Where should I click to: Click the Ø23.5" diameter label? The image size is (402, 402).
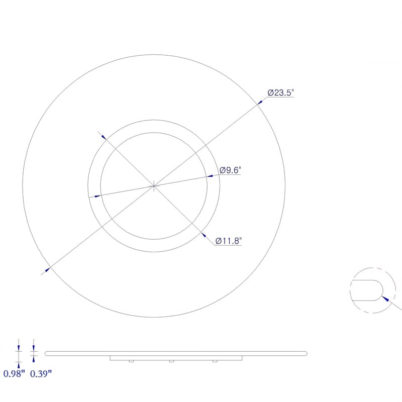[x=280, y=92]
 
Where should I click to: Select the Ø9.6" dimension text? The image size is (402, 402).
[x=230, y=170]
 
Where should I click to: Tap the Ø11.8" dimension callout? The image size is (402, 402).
[x=229, y=241]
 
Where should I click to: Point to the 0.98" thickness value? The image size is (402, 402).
[x=14, y=373]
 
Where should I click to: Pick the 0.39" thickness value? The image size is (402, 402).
[x=41, y=373]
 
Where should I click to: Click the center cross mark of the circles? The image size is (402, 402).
[x=154, y=186]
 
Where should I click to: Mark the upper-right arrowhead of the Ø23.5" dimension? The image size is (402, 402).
[x=260, y=102]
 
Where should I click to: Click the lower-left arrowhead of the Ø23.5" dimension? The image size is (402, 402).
[x=47, y=269]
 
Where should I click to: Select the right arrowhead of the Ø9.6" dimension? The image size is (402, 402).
[x=210, y=176]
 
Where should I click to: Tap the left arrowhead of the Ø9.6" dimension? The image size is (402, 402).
[x=97, y=196]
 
